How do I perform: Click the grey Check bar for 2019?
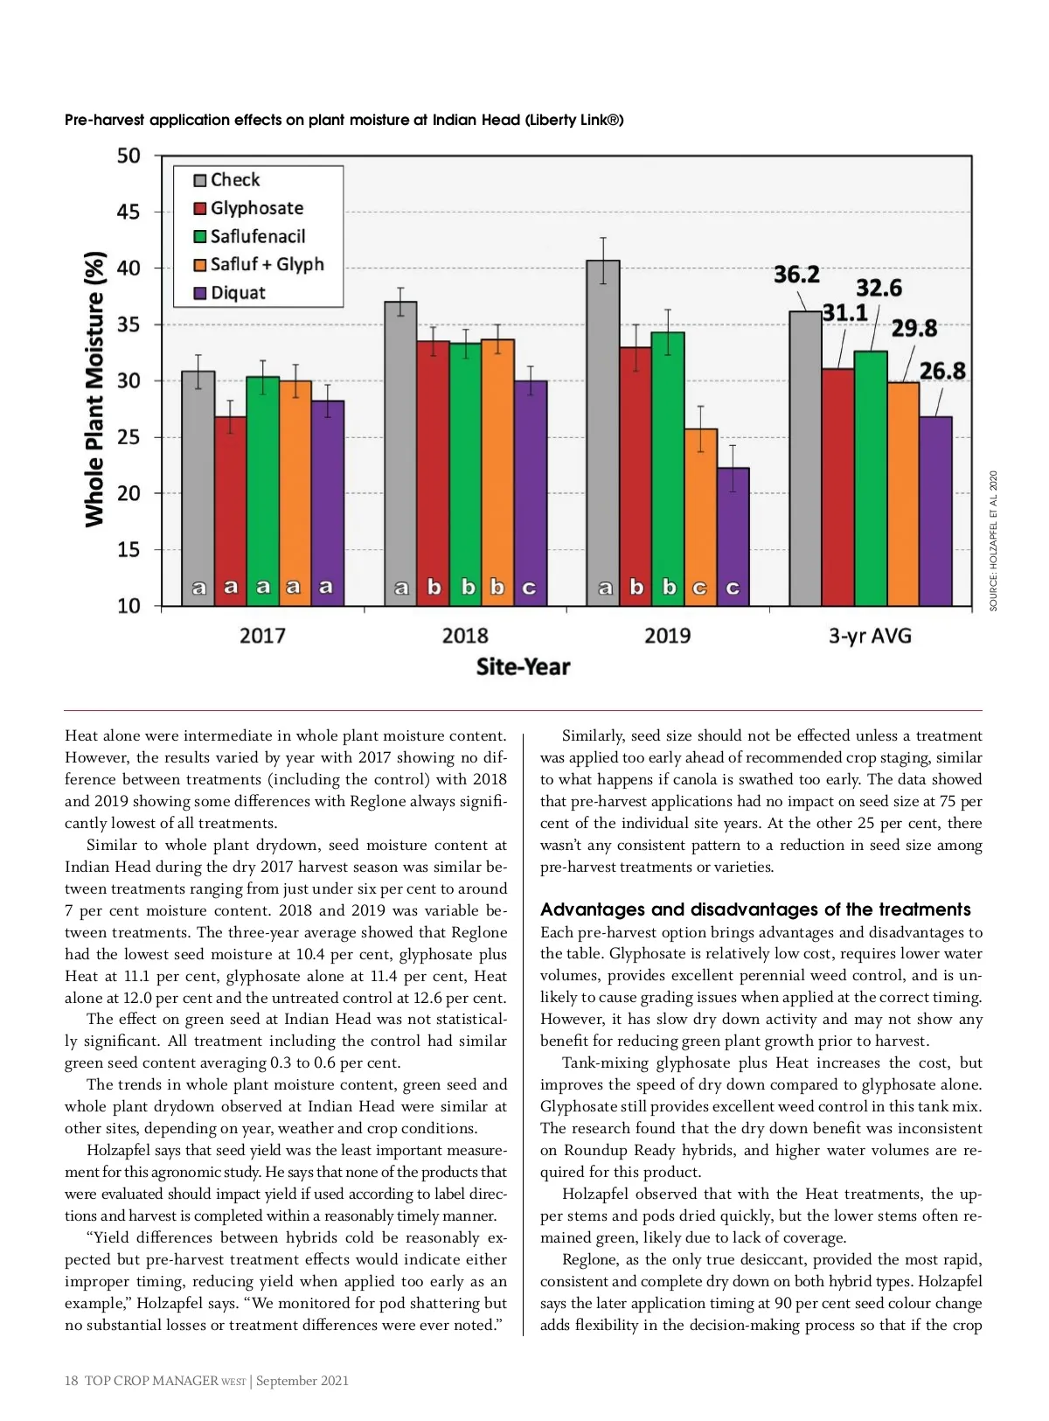coord(602,433)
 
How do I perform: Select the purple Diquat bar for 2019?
coord(733,536)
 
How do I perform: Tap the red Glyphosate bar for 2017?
coord(230,511)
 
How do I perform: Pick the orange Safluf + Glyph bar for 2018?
coord(497,472)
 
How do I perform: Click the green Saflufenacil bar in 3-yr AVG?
coord(871,478)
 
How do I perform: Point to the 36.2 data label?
coord(796,275)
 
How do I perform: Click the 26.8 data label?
coord(942,370)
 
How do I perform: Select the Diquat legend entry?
coord(229,293)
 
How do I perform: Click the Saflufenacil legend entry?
coord(249,236)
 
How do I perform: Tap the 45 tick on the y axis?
coord(129,212)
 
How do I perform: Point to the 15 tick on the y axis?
coord(129,549)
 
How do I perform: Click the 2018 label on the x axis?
coord(465,636)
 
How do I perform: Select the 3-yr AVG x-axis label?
coord(870,636)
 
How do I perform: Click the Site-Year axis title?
coord(523,667)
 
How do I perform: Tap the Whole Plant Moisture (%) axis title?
coord(94,389)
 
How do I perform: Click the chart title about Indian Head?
coord(344,120)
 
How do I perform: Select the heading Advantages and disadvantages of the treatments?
coord(755,909)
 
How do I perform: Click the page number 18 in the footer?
coord(71,1381)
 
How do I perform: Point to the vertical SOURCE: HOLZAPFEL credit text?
coord(993,540)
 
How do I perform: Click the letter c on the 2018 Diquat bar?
coord(529,588)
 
